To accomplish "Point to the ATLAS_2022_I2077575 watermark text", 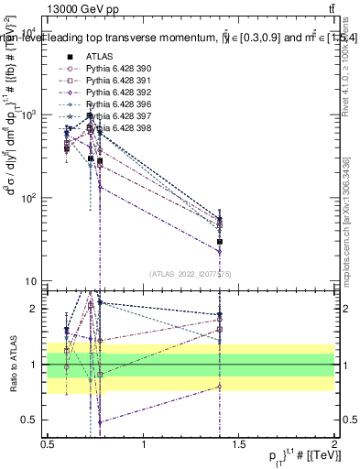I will tap(190, 273).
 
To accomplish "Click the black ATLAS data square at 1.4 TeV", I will tap(220, 242).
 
